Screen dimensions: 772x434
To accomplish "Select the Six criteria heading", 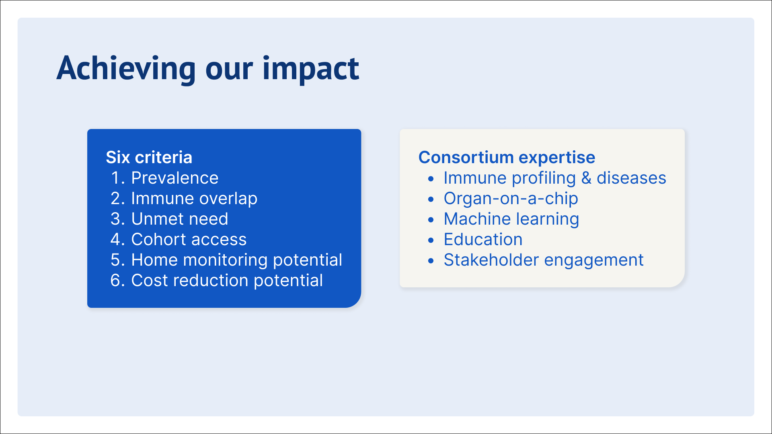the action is [x=149, y=157].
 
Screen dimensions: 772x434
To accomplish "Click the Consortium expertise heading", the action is [x=507, y=158].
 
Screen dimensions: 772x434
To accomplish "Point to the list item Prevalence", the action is [x=175, y=178].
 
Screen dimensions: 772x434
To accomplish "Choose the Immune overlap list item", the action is [x=194, y=199].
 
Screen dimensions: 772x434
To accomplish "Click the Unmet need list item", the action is [x=180, y=219].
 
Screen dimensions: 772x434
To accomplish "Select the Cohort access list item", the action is [x=189, y=240].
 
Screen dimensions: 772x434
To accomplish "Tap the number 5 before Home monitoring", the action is [x=115, y=260].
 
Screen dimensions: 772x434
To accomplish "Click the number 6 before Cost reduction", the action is [x=115, y=280].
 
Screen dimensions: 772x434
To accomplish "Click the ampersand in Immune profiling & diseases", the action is [x=586, y=178].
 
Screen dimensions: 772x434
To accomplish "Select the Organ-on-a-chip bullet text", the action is [x=511, y=199].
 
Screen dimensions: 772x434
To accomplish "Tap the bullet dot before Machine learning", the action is [x=431, y=220].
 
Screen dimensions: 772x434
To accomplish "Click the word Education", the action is [x=483, y=240].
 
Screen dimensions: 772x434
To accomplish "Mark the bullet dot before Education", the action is [x=431, y=240].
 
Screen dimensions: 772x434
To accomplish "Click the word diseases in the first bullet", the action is [x=631, y=178].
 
